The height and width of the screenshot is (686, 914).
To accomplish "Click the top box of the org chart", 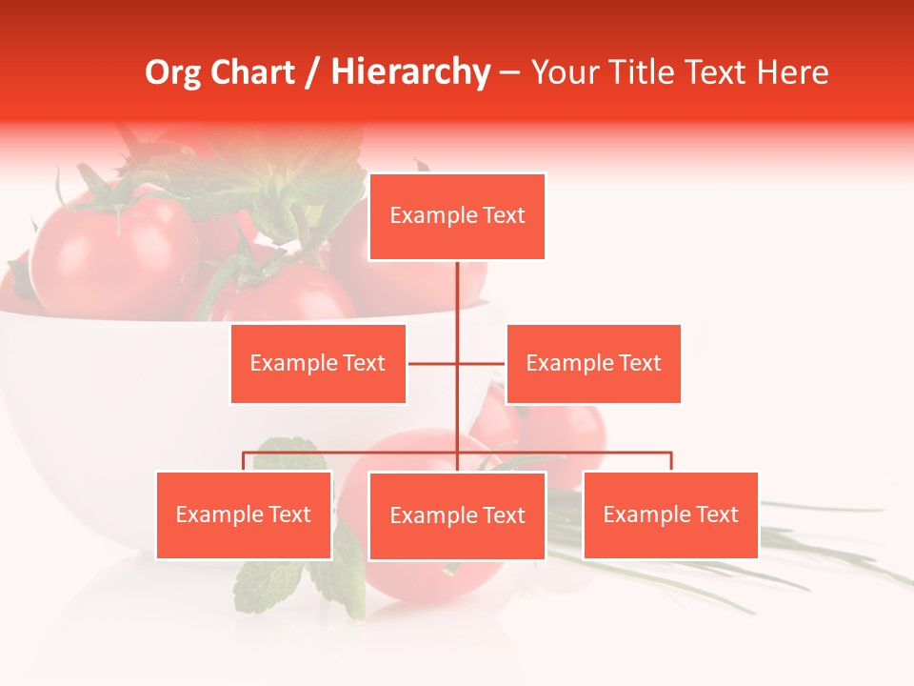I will coord(457,216).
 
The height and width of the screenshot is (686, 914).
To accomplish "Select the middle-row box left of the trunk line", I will coord(318,363).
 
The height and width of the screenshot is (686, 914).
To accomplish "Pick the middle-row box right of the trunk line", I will coord(593,363).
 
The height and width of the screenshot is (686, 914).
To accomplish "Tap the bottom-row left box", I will coord(244,514).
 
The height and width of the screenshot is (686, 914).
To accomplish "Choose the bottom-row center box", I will coord(457,515).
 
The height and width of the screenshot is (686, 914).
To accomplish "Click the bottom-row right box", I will coord(670,514).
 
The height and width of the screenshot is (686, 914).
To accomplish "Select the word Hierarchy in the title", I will coord(409,72).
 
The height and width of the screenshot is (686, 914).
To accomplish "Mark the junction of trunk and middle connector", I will coord(457,363).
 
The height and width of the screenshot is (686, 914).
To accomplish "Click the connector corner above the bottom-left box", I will coord(244,454).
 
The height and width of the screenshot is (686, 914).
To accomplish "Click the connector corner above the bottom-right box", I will coord(670,454).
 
